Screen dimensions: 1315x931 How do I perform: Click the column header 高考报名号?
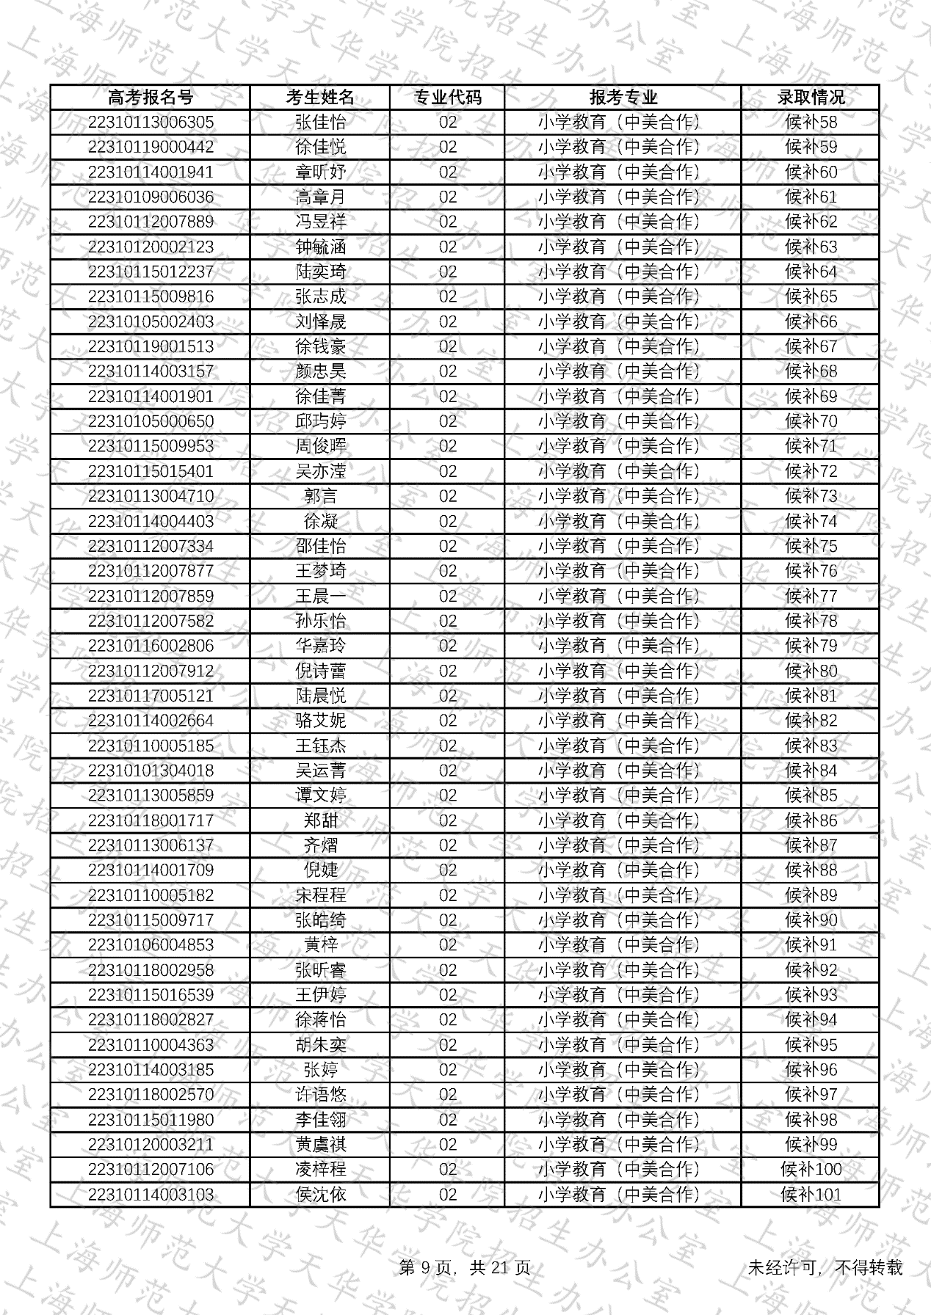(x=151, y=98)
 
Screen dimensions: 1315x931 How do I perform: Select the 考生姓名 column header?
(x=320, y=98)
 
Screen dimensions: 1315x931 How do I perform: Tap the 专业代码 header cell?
(x=447, y=98)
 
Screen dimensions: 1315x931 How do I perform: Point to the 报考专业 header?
(x=623, y=98)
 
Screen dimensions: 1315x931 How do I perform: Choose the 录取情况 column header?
(x=811, y=98)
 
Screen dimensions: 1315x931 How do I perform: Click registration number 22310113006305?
(x=151, y=123)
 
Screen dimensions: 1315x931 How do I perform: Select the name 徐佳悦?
(x=320, y=147)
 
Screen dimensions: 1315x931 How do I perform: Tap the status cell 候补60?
(x=811, y=172)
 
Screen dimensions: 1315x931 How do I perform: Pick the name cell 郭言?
(x=320, y=497)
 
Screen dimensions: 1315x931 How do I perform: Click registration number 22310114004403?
(x=151, y=522)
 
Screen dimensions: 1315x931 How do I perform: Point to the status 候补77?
(x=811, y=597)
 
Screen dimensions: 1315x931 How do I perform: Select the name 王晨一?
(x=320, y=597)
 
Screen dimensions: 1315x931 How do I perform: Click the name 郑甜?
(x=320, y=821)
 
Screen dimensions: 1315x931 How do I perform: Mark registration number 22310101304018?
(x=151, y=771)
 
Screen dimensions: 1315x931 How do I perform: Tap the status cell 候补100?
(x=811, y=1170)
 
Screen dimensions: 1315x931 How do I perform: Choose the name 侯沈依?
(x=320, y=1195)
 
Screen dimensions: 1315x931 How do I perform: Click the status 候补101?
(x=811, y=1195)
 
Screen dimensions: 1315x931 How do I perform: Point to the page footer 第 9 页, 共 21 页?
(x=465, y=1268)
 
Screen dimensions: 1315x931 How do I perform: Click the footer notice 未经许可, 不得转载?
(x=825, y=1268)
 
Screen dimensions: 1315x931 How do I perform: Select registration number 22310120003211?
(x=151, y=1145)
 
